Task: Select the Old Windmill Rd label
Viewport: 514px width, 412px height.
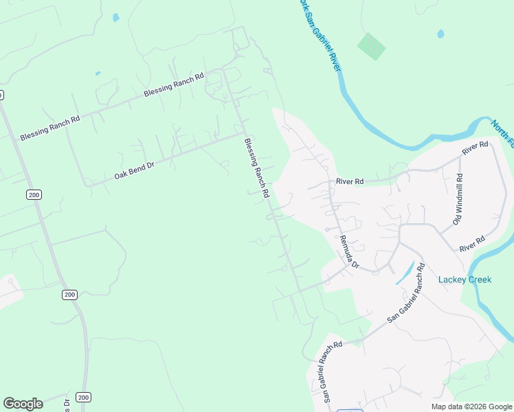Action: coord(458,200)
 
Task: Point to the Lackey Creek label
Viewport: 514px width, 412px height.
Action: coord(465,279)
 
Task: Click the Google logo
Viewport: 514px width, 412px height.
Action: coord(23,404)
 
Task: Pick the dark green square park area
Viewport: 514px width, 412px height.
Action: coord(371,46)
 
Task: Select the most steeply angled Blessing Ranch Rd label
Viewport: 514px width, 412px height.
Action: coord(256,168)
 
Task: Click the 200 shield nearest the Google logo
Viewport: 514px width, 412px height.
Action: coord(83,398)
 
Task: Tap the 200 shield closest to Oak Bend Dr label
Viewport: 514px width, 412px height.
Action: coord(34,195)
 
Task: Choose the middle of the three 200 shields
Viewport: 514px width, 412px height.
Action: coord(69,295)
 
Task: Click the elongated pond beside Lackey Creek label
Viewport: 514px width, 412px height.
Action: coord(405,273)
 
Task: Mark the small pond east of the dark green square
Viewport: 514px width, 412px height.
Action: coord(440,33)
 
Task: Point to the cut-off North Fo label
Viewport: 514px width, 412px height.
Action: coord(502,133)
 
